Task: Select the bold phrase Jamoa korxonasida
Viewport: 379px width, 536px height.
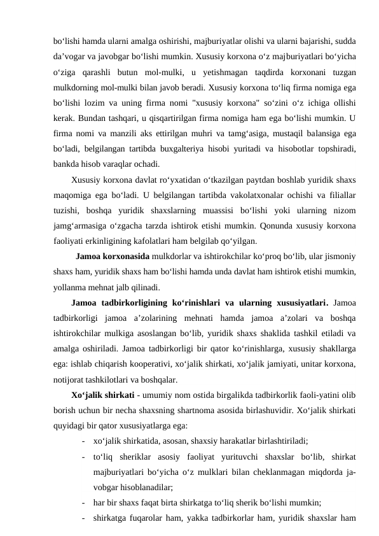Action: pyautogui.click(x=112, y=257)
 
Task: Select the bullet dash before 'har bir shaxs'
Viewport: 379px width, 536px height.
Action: pyautogui.click(x=83, y=501)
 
